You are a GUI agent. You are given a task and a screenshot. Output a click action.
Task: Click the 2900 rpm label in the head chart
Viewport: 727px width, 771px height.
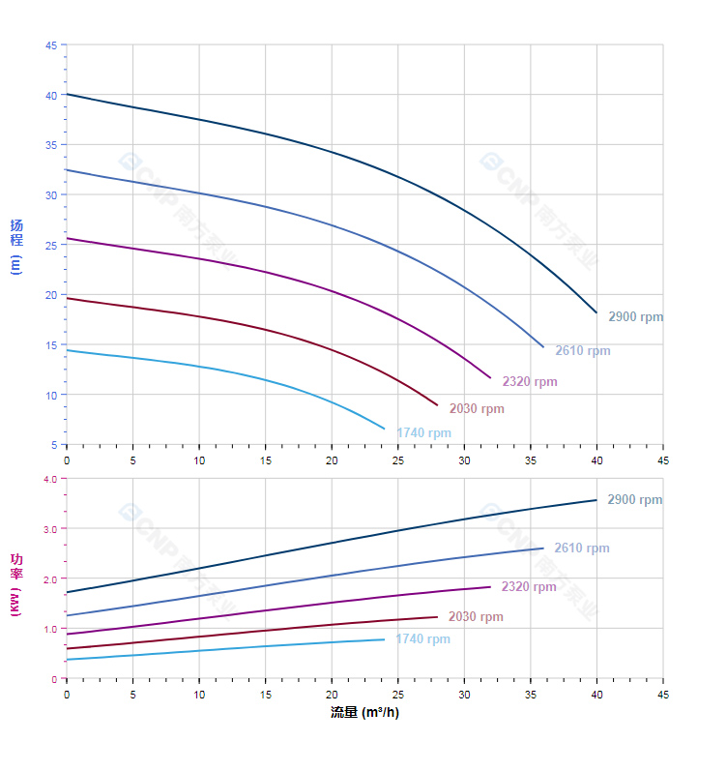point(635,316)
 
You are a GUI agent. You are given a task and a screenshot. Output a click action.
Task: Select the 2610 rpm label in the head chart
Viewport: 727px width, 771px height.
point(582,350)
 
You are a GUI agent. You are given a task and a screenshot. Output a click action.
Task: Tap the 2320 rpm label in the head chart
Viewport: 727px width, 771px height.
point(529,381)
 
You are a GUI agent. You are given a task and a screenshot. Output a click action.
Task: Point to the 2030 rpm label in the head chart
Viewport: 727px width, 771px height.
point(476,408)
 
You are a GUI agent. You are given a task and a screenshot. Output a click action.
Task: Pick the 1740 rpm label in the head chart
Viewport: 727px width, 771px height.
point(422,432)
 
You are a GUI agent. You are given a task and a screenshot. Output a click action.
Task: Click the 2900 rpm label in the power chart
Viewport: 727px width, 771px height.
point(634,499)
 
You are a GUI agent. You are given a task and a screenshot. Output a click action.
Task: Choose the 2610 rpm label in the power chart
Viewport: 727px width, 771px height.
point(581,548)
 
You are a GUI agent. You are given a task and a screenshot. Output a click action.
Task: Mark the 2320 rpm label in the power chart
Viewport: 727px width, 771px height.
point(529,586)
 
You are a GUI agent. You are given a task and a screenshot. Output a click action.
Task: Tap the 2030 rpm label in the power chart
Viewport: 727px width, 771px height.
point(476,616)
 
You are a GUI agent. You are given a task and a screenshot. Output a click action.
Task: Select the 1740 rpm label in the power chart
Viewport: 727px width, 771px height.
point(422,638)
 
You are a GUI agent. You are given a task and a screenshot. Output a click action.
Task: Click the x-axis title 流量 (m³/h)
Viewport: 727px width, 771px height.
point(364,712)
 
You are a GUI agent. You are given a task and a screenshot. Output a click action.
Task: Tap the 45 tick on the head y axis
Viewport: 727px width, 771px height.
point(50,44)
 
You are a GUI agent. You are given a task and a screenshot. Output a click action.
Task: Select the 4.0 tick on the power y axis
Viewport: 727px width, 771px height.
point(50,479)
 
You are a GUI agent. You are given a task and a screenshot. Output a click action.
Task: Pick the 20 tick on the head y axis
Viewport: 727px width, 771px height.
point(50,295)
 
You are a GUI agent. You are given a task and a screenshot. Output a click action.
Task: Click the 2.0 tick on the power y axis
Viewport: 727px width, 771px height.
point(50,578)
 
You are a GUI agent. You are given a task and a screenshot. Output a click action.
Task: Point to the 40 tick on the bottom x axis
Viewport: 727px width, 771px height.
point(596,695)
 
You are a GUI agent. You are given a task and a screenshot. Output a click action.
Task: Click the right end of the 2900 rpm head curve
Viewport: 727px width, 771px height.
point(596,312)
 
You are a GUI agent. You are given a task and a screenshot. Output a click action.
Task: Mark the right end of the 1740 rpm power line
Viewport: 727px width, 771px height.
point(384,639)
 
